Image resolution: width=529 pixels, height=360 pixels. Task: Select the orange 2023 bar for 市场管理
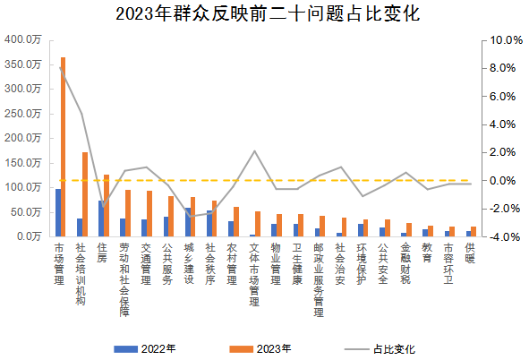click(63, 148)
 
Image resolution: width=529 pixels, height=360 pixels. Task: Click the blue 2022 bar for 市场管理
click(57, 213)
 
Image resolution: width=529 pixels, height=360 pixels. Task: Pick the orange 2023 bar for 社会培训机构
click(85, 194)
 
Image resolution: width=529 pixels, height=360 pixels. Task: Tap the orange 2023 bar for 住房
click(107, 206)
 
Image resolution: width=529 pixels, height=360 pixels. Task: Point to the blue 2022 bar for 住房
click(100, 219)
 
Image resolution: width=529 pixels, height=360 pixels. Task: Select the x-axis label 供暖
click(470, 253)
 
